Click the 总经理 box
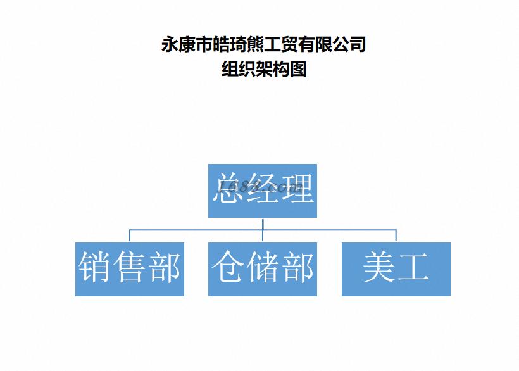tap(262, 191)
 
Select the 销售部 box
tap(130, 268)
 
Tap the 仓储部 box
tap(262, 268)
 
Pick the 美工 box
tap(396, 268)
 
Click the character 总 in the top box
tap(228, 188)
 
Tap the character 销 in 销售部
tap(95, 267)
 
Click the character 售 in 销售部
tap(130, 267)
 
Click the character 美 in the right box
tap(378, 267)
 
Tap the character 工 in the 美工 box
tap(413, 267)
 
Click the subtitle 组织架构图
tap(264, 68)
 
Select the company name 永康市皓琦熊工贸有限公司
tap(264, 45)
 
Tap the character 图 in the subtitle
tap(298, 68)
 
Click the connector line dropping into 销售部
tap(130, 236)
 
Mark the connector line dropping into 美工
tap(396, 236)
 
